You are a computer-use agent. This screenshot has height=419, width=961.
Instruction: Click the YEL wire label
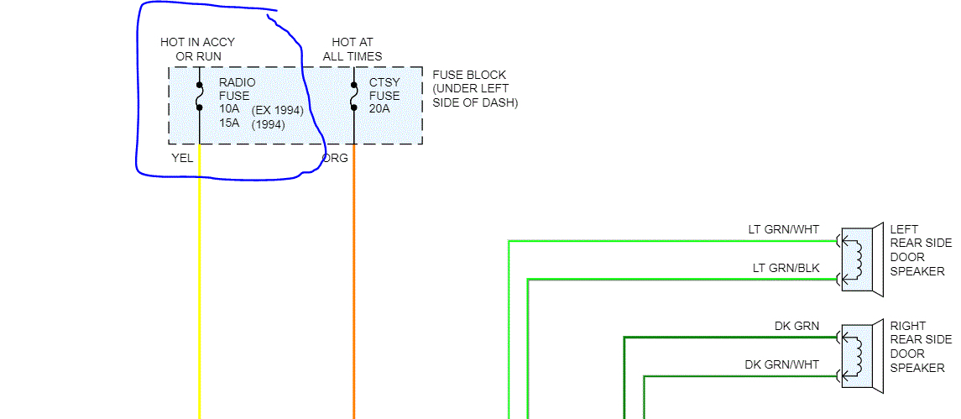point(181,158)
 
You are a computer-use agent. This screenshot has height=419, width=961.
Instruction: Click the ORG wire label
point(336,158)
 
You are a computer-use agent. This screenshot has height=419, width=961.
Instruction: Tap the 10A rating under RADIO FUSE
point(229,109)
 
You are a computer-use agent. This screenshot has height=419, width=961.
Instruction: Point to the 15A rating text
point(229,123)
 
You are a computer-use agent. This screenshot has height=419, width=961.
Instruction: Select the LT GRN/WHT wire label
point(783,229)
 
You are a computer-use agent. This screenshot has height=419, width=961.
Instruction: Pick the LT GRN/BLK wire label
point(786,268)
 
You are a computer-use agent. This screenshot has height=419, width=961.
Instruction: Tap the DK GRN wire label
point(796,326)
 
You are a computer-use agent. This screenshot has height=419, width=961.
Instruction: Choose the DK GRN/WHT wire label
point(781,364)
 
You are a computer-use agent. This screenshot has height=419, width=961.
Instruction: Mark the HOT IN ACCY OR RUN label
point(197,50)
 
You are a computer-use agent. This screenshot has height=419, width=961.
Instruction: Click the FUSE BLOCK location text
point(475,88)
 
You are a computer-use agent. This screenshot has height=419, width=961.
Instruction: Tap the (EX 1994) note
point(277,110)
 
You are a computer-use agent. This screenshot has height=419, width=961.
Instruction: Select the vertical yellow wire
point(200,294)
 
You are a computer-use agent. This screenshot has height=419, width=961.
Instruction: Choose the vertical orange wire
point(354,294)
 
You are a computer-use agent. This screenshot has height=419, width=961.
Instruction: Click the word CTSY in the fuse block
point(384,82)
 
